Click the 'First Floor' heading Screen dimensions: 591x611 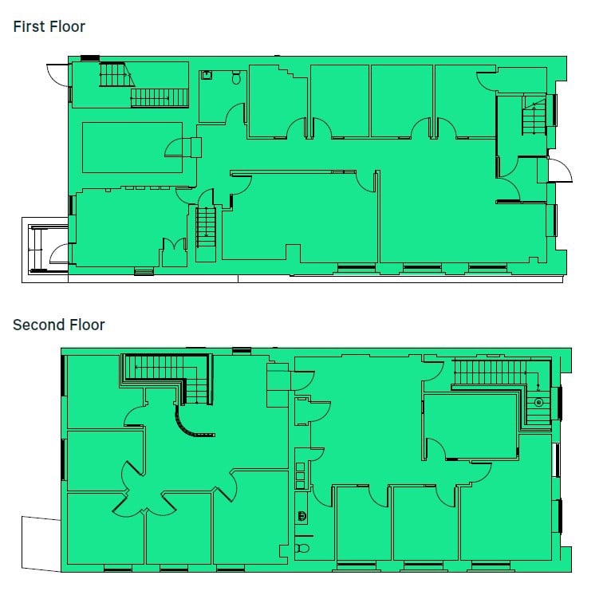(49, 26)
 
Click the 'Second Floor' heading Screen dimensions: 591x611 (58, 325)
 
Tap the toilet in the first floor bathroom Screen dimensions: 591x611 (235, 77)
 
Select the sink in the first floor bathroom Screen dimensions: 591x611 (207, 74)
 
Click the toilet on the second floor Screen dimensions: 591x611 (302, 548)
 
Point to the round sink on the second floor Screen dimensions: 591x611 (302, 515)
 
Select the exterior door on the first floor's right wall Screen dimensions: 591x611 (558, 171)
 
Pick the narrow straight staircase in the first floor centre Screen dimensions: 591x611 (206, 227)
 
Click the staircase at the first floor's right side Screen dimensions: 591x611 (533, 116)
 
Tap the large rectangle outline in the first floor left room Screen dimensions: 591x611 (132, 147)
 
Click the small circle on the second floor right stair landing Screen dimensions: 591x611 (538, 403)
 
